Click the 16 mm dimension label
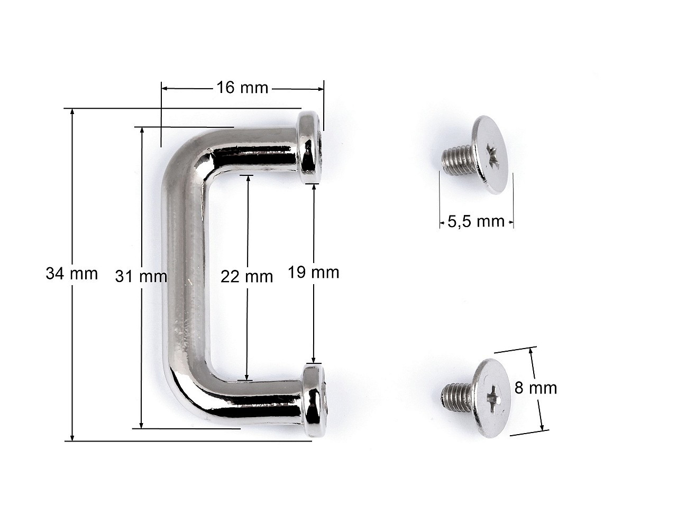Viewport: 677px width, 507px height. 242,88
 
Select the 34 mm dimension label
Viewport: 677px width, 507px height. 71,274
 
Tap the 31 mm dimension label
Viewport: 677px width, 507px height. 141,276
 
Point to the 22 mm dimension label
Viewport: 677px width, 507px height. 247,277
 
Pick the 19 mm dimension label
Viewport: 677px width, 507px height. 313,273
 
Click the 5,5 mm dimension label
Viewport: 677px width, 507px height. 476,221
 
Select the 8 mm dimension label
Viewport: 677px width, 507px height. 536,388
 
